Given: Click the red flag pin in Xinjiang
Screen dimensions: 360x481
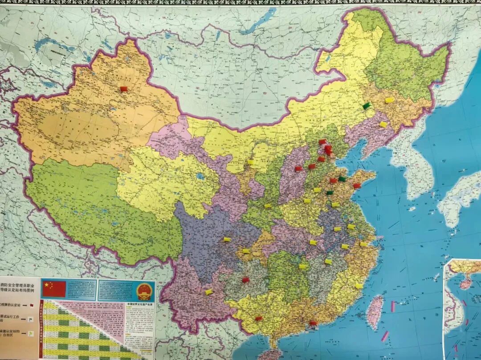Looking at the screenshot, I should click(123, 89).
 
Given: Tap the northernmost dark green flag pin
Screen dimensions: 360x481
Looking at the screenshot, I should click(366, 106).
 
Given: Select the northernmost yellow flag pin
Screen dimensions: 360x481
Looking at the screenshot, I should click(389, 100).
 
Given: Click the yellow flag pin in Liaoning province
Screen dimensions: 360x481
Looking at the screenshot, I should click(383, 125).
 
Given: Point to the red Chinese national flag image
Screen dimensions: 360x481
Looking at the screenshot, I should click(53, 289).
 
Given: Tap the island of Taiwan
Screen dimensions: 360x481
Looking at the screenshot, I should click(375, 311).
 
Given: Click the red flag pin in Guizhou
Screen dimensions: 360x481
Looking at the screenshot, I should click(245, 280).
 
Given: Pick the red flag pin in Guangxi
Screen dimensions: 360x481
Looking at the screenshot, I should click(258, 319).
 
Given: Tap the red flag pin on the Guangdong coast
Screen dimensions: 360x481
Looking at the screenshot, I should click(313, 323).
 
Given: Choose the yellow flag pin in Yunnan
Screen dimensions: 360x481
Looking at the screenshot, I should click(208, 292).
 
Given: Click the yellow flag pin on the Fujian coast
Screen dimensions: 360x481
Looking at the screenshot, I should click(359, 286).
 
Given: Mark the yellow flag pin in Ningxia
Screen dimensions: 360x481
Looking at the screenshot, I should click(250, 162).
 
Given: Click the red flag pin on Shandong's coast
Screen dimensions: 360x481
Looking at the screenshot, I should click(356, 186).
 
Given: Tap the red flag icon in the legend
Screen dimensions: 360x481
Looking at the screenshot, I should click(31, 305).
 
